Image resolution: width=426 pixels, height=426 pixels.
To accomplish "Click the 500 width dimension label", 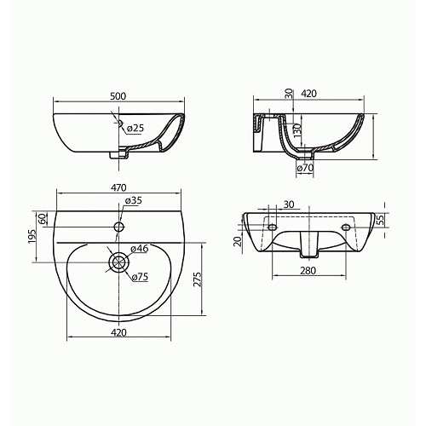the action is (x=118, y=96).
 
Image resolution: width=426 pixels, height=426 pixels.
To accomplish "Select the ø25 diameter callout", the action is (x=135, y=129).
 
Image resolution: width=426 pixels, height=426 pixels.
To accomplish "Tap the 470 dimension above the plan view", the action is (x=118, y=187).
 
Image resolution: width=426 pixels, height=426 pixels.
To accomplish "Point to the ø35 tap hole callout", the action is (x=133, y=200).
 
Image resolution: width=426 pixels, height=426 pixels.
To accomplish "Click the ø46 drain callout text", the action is (x=140, y=249).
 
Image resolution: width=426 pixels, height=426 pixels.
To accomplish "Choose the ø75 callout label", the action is (x=140, y=277).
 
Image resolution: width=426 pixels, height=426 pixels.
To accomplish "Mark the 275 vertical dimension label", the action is (x=198, y=279).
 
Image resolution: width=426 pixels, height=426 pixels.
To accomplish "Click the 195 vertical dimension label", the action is (x=32, y=236).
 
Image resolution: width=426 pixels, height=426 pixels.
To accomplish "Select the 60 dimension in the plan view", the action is (x=42, y=219).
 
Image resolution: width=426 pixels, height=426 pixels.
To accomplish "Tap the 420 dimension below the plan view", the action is (x=118, y=332).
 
